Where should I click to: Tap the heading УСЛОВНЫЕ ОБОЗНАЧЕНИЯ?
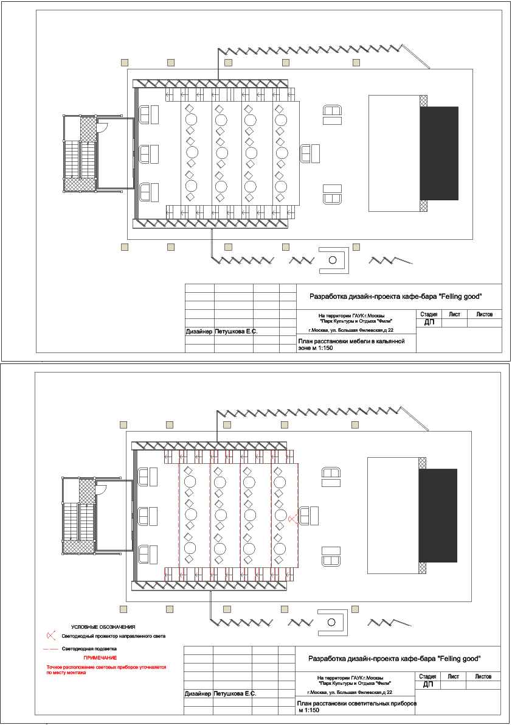103,627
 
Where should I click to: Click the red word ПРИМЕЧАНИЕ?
100,657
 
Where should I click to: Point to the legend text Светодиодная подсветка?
89,649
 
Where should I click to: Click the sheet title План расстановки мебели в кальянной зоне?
351,345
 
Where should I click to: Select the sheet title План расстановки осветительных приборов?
356,707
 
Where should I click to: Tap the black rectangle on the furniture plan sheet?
439,153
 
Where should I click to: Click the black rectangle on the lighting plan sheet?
438,515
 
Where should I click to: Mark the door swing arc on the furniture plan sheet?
105,130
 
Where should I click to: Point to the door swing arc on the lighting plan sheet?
104,491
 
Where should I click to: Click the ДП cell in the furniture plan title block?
429,322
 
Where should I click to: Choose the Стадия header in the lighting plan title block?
427,676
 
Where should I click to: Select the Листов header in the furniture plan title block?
484,315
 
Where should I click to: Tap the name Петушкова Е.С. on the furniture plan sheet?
236,332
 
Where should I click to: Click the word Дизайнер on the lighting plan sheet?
198,693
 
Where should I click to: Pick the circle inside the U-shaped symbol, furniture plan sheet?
333,260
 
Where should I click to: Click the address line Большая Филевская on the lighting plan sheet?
350,693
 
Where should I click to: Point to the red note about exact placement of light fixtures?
106,670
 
